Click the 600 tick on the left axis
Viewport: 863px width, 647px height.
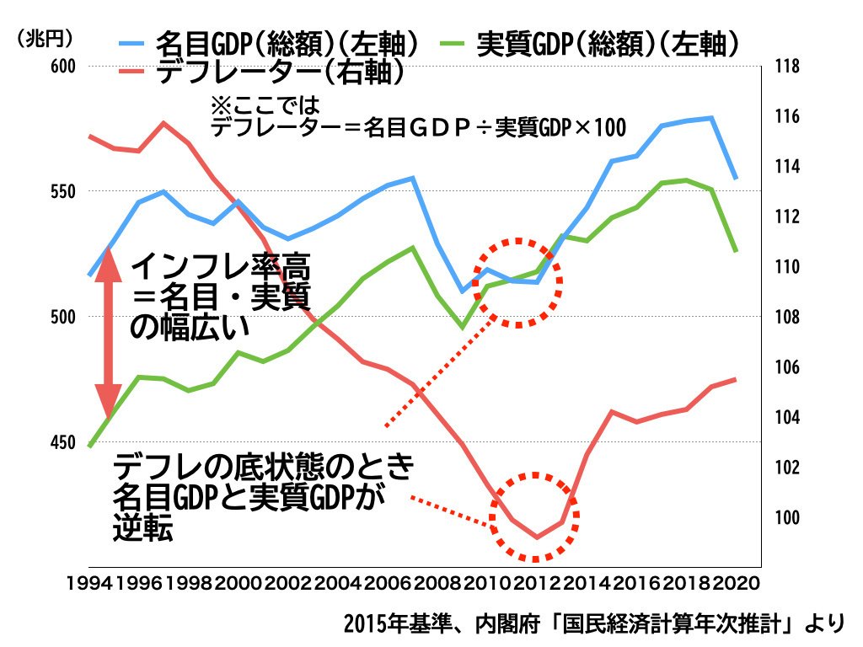[x=62, y=67]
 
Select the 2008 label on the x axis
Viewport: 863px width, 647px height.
[x=440, y=582]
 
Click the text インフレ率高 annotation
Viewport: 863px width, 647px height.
[x=221, y=270]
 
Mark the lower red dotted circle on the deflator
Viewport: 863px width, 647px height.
[x=536, y=516]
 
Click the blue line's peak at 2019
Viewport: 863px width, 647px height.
[x=712, y=118]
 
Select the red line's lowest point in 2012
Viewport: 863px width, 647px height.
[x=537, y=537]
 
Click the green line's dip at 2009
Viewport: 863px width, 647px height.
[x=461, y=327]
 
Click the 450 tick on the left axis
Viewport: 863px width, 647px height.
[x=62, y=441]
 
